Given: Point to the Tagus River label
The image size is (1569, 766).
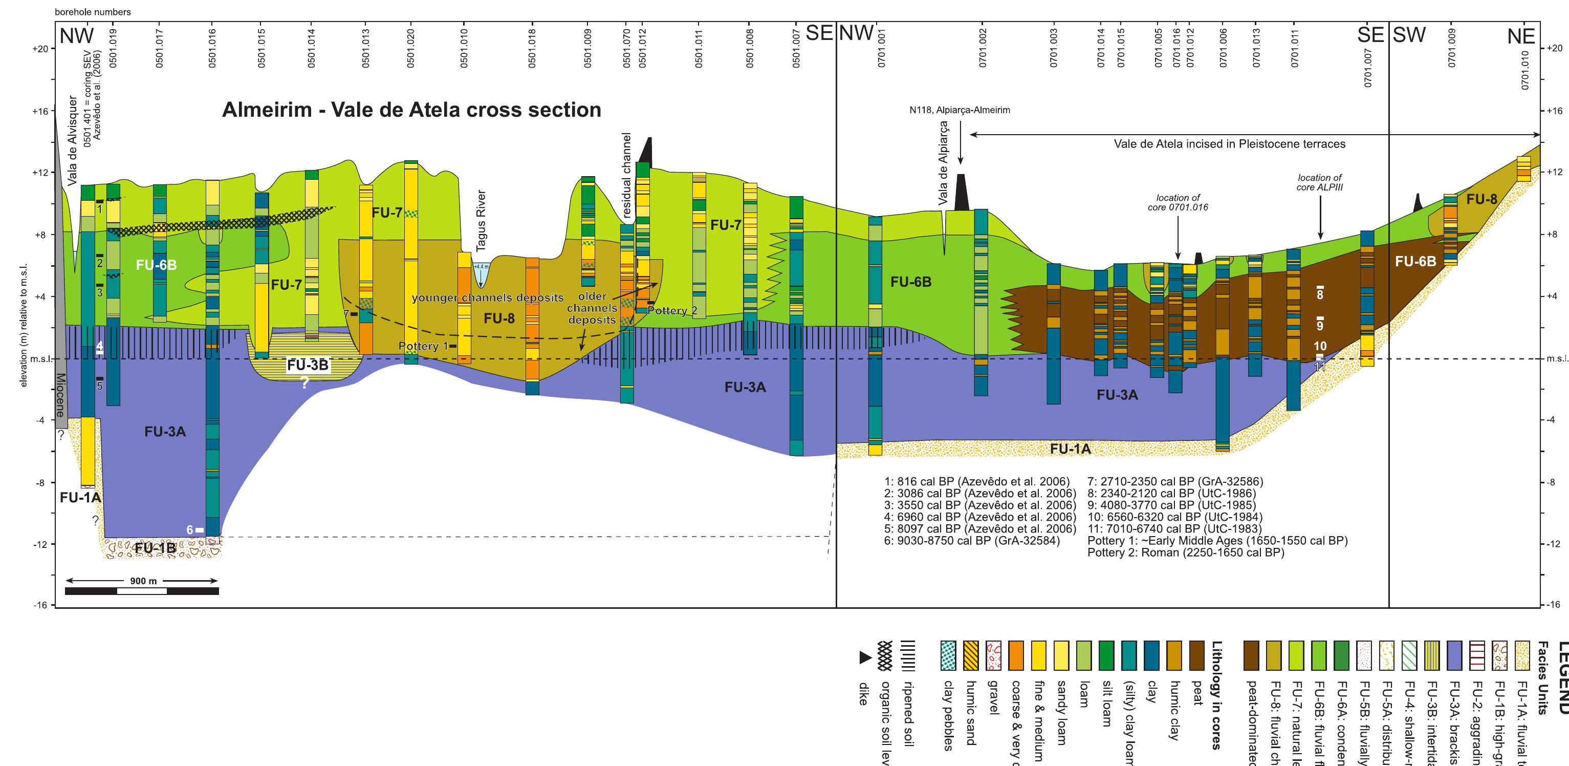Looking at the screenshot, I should (481, 221).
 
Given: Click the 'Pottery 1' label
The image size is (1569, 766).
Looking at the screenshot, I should (423, 346).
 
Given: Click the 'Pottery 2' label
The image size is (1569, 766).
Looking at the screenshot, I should (672, 311).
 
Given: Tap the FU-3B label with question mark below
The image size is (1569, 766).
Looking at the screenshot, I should (308, 365).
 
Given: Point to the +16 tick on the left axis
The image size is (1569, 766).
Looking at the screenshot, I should (40, 111).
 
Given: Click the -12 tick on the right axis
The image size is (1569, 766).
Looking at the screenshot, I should (1553, 544).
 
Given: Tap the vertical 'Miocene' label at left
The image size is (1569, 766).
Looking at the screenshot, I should (60, 395).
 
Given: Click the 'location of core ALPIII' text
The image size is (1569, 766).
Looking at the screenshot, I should (1319, 182).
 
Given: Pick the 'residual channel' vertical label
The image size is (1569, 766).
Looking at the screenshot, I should (627, 176).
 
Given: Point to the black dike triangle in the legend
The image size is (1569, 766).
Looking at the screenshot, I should (865, 657).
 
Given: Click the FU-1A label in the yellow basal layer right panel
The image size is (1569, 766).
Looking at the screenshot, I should (1070, 449).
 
